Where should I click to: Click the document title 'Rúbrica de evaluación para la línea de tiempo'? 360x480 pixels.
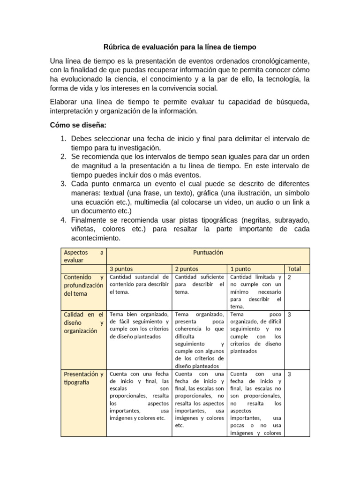coord(180,47)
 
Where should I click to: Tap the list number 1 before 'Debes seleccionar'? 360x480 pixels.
coord(63,139)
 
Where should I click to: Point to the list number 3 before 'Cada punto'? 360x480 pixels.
coord(63,183)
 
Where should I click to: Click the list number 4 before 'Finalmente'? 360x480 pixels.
coord(63,220)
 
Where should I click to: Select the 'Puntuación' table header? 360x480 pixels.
coord(208,252)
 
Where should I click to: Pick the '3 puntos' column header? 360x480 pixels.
coord(121,269)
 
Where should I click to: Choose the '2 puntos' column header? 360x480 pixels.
coord(187,269)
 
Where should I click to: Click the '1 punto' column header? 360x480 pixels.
coord(240,269)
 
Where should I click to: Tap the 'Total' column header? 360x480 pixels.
coord(294,269)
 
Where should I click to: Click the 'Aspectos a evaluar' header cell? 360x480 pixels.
coord(83,256)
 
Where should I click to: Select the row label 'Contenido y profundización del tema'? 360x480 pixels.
coord(83,285)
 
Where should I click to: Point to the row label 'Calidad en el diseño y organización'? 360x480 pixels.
coord(83,322)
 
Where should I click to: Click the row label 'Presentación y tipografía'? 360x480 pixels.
coord(83,378)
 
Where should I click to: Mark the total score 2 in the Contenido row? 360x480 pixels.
coord(289,277)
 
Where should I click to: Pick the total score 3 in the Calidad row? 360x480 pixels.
coord(289,315)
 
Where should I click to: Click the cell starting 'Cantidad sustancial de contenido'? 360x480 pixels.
coord(139,285)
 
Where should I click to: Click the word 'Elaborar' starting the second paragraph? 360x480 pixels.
coord(64,102)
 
